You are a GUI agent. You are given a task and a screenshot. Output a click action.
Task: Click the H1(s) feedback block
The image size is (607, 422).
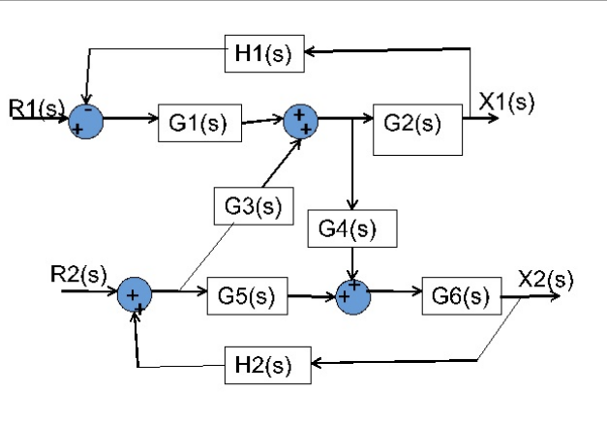tap(264, 54)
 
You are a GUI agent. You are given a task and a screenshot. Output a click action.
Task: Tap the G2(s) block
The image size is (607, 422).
tap(417, 125)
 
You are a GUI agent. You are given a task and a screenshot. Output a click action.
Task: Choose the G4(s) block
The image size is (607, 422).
tap(352, 229)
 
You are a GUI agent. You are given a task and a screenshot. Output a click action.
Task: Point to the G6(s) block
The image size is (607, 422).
tap(461, 296)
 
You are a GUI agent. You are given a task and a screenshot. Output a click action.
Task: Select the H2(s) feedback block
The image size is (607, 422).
tap(267, 367)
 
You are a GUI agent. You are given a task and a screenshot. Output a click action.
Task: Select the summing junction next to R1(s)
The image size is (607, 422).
tap(85, 120)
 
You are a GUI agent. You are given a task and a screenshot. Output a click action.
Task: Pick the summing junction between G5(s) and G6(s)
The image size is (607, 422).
tap(353, 294)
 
